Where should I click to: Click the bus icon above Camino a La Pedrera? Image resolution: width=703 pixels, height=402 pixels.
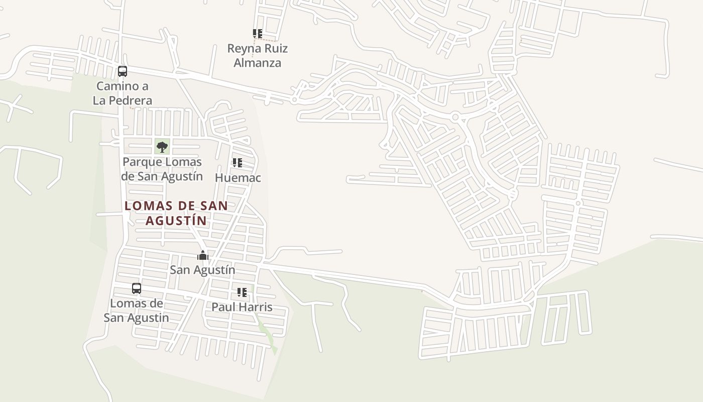point(123,71)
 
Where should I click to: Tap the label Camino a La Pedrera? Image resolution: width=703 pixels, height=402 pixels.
point(123,93)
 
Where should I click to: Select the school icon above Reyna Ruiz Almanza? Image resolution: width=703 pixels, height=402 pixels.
point(257,34)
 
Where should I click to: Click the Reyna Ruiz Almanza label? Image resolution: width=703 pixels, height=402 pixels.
point(257,56)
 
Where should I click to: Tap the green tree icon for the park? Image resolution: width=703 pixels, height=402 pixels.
point(162,147)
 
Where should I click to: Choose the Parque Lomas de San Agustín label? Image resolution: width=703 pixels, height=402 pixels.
point(162,169)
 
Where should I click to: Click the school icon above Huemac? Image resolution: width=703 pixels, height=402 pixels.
point(238,163)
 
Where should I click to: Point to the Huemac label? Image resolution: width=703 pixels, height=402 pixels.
point(238,178)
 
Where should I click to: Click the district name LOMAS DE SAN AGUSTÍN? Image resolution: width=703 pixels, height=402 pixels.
point(176,213)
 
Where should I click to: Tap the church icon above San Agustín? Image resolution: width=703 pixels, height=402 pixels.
point(202,255)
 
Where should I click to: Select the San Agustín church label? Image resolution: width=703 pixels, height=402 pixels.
point(202,270)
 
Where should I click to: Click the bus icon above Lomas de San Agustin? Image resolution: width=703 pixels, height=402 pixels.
point(137,288)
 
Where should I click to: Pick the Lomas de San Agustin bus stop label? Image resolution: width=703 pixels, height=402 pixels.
point(137,311)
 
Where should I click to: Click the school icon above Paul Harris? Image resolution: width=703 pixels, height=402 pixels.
point(242,292)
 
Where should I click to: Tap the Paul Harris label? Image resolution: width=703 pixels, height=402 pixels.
point(242,307)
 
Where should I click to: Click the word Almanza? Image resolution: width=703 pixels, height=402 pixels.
point(257,63)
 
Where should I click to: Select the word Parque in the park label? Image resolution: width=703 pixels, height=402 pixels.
point(142,162)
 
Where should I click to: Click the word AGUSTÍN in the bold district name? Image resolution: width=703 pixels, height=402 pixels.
point(176,221)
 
